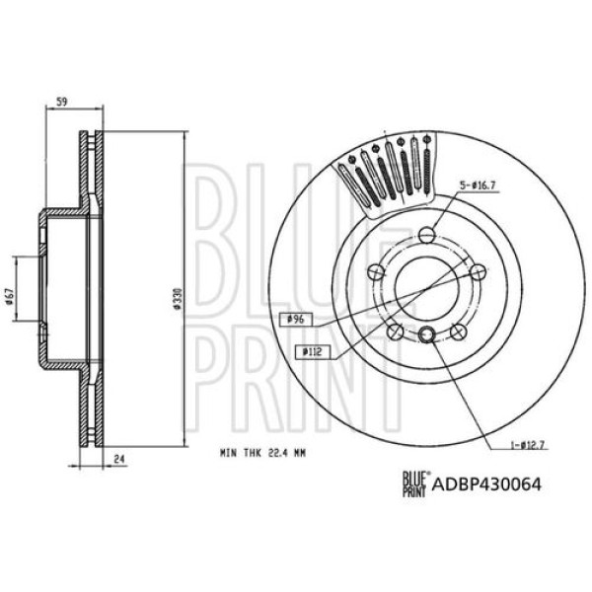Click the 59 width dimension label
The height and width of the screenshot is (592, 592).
[61, 101]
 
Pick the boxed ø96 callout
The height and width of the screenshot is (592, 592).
[294, 319]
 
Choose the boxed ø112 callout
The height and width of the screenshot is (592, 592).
[315, 350]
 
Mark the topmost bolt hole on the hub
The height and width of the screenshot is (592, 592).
[425, 235]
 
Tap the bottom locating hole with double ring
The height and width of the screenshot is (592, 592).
[426, 335]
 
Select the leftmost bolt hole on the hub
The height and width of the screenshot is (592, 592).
[374, 272]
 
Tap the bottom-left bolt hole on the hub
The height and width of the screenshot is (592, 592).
[394, 331]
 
